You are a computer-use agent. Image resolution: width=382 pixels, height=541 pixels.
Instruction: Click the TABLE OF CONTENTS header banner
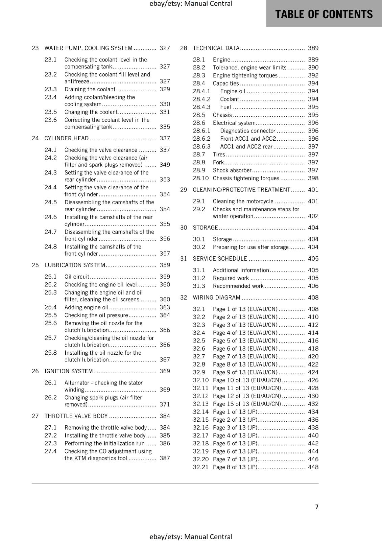click(x=324, y=14)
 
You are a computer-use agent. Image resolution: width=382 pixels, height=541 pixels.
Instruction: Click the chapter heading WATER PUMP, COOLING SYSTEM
click(x=88, y=48)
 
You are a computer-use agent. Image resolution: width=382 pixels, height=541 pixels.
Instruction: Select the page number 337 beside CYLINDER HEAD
click(x=165, y=138)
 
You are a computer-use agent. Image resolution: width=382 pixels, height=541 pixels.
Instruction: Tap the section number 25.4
click(x=51, y=307)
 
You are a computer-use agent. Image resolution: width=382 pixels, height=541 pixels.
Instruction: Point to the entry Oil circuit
click(x=77, y=277)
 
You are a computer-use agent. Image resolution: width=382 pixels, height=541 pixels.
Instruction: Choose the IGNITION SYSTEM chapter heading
click(x=69, y=371)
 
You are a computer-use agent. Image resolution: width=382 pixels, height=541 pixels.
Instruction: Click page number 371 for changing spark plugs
click(x=165, y=404)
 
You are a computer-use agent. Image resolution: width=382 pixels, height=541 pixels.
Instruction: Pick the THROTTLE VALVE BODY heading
click(x=76, y=416)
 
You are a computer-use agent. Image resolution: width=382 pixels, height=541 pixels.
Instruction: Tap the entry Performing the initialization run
click(x=104, y=443)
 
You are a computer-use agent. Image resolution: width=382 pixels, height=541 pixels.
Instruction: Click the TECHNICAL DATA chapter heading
click(x=216, y=48)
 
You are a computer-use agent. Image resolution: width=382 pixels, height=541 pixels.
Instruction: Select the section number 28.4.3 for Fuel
click(x=201, y=107)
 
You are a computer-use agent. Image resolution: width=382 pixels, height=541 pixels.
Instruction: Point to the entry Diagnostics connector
click(x=248, y=131)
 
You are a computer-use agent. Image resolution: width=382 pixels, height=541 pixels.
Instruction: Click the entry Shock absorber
click(x=232, y=170)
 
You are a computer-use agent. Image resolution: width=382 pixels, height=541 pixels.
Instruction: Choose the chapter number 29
click(x=184, y=190)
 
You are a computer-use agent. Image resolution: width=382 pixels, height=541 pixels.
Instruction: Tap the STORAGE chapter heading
click(x=205, y=228)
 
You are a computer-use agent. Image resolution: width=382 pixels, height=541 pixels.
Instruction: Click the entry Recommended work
click(x=238, y=286)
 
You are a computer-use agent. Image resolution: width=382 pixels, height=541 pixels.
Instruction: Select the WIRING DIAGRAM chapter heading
click(x=216, y=298)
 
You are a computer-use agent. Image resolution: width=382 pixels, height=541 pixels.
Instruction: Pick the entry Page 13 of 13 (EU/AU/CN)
click(x=247, y=404)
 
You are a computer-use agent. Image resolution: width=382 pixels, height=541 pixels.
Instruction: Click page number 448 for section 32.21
click(x=313, y=467)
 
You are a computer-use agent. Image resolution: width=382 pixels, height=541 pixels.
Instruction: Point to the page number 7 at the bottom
click(x=317, y=507)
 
